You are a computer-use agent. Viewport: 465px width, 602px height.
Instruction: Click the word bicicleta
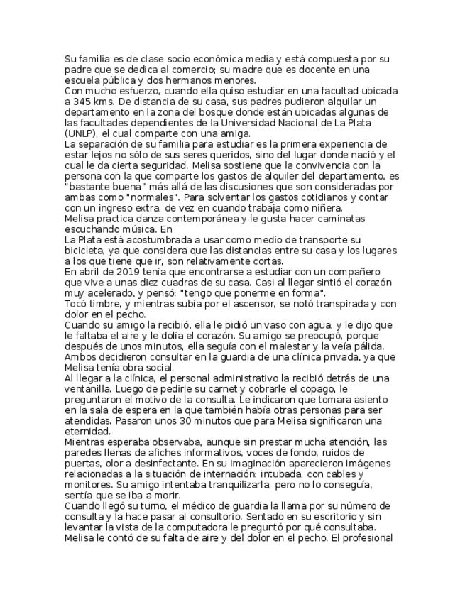tap(86, 250)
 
